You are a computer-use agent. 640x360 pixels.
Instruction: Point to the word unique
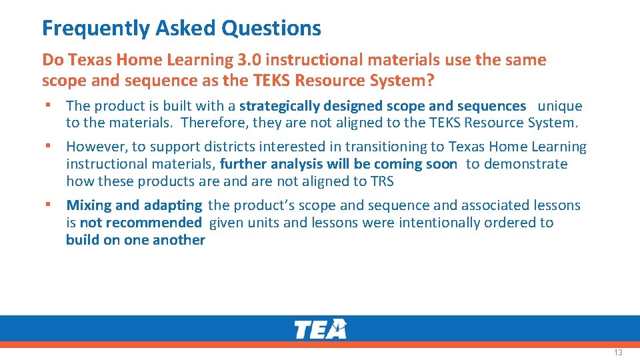click(x=560, y=106)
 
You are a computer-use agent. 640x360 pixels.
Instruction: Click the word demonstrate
click(x=531, y=164)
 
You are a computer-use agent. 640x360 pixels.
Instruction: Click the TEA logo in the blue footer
click(x=320, y=329)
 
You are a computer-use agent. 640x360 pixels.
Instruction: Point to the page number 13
click(x=618, y=352)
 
